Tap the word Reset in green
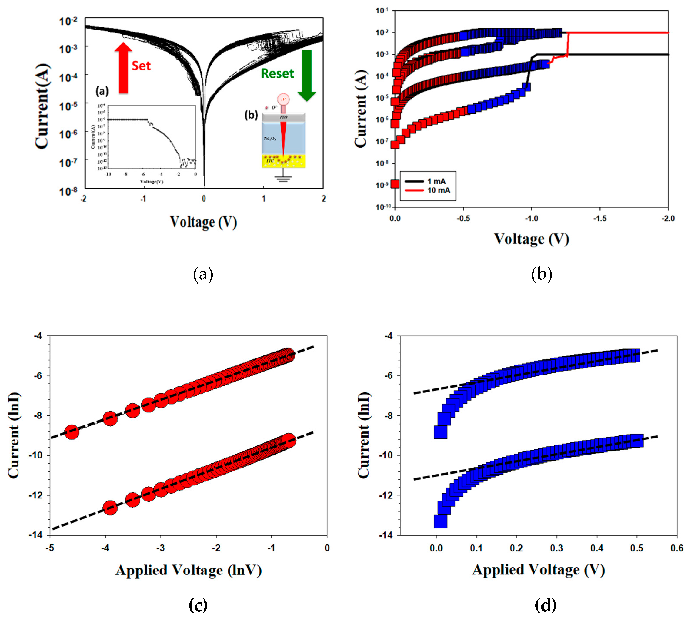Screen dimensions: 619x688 tap(277, 73)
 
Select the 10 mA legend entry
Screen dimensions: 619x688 tap(427, 190)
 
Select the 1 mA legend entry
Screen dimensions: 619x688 tap(426, 181)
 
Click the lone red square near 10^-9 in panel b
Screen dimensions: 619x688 tap(395, 184)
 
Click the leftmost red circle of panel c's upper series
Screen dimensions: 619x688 tap(72, 432)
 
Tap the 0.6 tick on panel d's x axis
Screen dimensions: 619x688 tap(676, 548)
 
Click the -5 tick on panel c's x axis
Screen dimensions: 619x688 tap(50, 548)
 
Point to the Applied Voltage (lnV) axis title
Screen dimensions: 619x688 tap(188, 570)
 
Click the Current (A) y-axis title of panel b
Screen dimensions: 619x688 tap(361, 109)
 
